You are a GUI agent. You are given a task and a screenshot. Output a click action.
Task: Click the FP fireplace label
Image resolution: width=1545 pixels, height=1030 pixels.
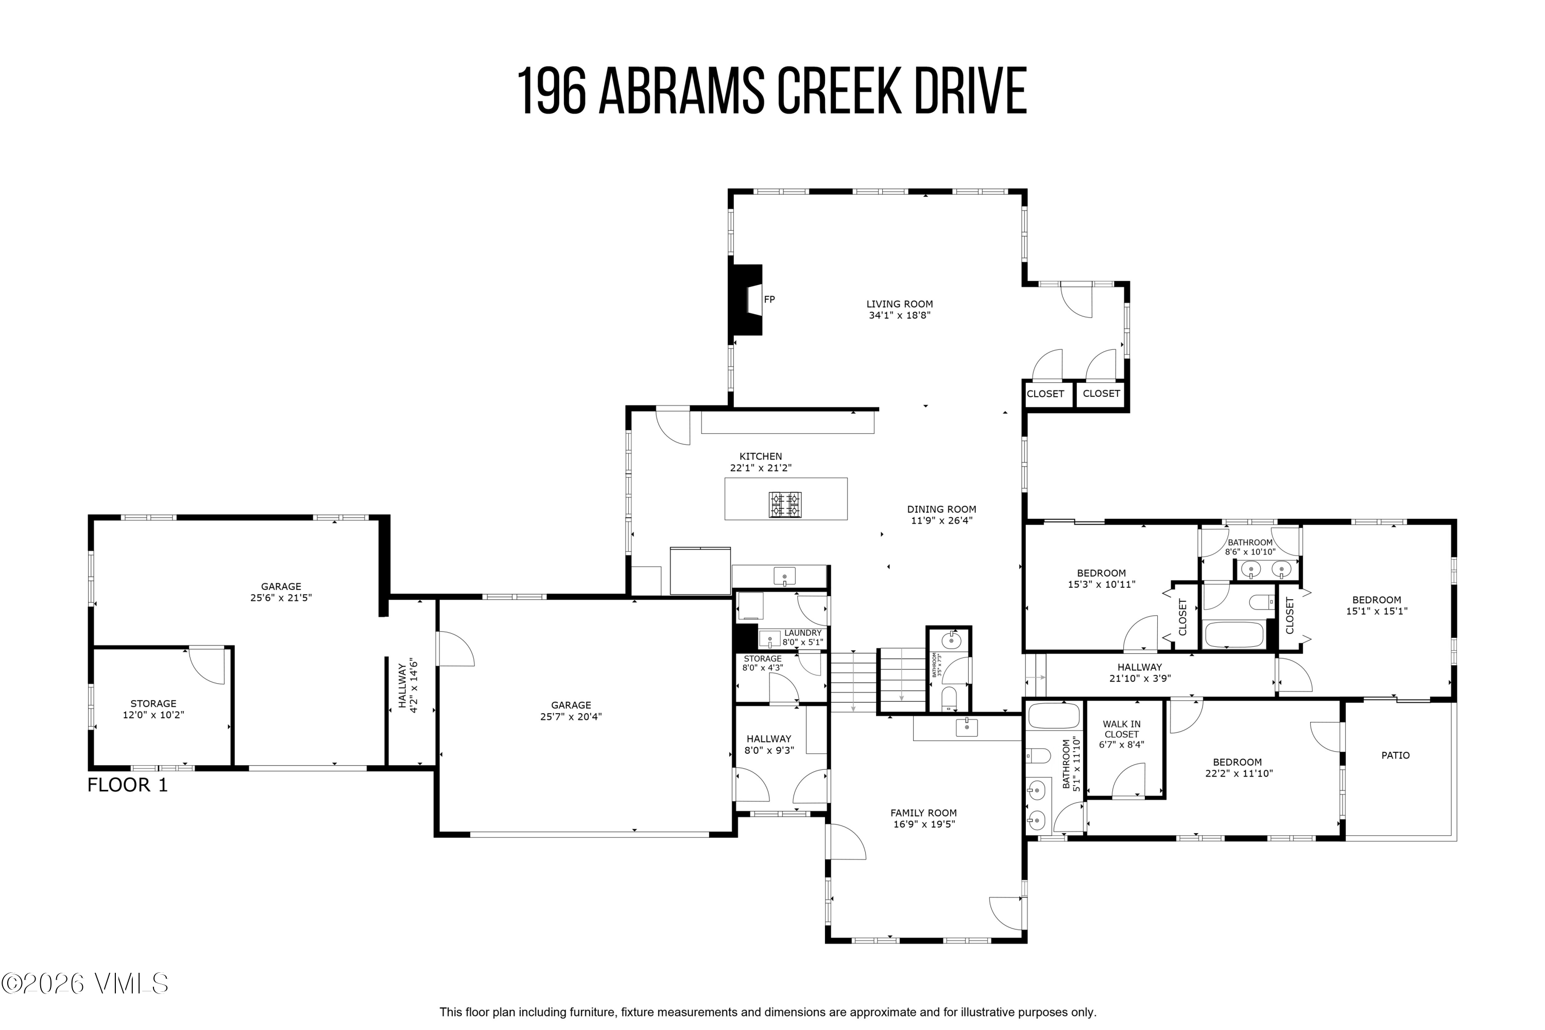pyautogui.click(x=769, y=299)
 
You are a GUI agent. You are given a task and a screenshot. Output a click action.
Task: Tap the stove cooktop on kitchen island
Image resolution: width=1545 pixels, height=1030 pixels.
pyautogui.click(x=785, y=504)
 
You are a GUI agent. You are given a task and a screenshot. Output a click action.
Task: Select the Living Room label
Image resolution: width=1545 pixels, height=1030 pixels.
pyautogui.click(x=899, y=304)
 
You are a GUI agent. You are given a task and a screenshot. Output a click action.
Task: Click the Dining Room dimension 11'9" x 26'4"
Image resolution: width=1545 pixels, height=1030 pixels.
pyautogui.click(x=941, y=521)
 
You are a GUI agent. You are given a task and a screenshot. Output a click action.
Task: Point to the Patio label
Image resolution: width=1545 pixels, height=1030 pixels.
pyautogui.click(x=1395, y=755)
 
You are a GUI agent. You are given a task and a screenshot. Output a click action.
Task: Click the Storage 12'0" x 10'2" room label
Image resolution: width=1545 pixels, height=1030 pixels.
pyautogui.click(x=153, y=709)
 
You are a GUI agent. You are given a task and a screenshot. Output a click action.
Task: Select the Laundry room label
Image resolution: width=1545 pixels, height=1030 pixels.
pyautogui.click(x=802, y=633)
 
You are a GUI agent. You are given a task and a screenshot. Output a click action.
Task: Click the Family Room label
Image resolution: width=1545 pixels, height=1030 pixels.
pyautogui.click(x=923, y=813)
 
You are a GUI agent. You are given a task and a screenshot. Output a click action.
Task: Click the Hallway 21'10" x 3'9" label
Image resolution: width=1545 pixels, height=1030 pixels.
pyautogui.click(x=1139, y=672)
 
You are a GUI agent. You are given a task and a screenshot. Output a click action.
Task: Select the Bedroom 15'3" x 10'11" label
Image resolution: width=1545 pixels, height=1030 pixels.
pyautogui.click(x=1101, y=578)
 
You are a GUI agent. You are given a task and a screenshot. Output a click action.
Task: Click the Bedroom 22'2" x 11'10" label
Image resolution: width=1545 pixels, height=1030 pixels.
pyautogui.click(x=1237, y=768)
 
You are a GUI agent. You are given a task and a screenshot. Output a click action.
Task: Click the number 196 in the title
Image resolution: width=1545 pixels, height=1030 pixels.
pyautogui.click(x=551, y=91)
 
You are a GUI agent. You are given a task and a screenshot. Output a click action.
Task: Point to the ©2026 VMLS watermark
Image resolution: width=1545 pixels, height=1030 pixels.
pyautogui.click(x=85, y=983)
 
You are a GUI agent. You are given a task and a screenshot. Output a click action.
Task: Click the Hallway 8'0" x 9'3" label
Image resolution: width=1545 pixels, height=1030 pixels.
pyautogui.click(x=768, y=744)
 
